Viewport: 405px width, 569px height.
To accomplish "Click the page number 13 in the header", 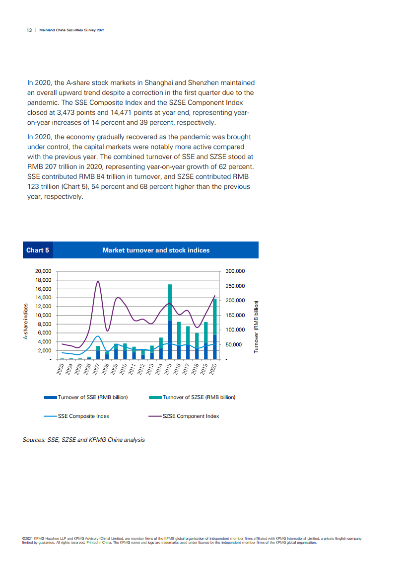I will (x=29, y=30).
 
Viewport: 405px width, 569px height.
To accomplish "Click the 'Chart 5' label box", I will (x=38, y=250).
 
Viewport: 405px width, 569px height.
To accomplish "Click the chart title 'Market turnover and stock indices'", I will (x=156, y=250).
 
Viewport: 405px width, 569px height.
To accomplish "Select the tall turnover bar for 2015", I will (x=170, y=321).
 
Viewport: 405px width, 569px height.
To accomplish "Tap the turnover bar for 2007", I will (x=98, y=352).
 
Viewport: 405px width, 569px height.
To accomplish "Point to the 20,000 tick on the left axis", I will (x=42, y=271).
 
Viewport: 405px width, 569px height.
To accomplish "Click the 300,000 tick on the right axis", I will (x=235, y=271).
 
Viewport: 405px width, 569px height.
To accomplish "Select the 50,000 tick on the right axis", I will (x=233, y=344).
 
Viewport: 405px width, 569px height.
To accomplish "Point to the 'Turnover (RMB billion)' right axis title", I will (x=256, y=327).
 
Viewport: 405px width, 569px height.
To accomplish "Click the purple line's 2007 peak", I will (x=98, y=282).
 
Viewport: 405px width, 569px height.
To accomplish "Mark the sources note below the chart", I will (x=84, y=440).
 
